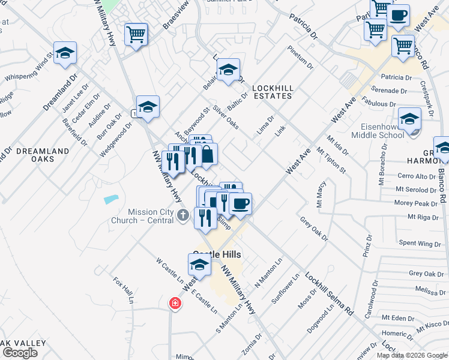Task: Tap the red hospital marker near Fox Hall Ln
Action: click(x=175, y=304)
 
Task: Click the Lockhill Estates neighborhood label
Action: click(x=273, y=92)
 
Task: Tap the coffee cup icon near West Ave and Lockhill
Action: click(x=240, y=203)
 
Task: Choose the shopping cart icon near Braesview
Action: click(x=136, y=34)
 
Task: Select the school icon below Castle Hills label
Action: click(x=199, y=264)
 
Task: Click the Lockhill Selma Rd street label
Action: click(x=328, y=295)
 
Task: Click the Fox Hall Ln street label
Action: click(x=122, y=290)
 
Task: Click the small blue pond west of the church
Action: click(x=111, y=199)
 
